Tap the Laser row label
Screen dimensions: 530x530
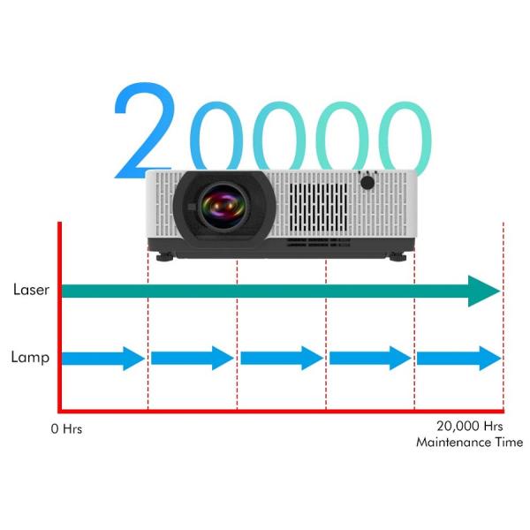coord(31,290)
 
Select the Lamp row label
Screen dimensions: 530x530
coord(30,358)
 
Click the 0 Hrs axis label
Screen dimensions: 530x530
coord(66,429)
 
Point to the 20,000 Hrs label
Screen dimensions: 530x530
coord(470,427)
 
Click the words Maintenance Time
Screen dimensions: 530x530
coord(470,443)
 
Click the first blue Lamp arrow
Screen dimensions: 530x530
coord(103,359)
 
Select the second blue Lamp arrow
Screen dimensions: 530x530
coord(193,358)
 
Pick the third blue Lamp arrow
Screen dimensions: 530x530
coord(282,358)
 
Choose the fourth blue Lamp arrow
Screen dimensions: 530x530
coord(370,358)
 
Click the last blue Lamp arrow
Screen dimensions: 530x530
coord(459,359)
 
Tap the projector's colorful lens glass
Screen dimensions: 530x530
coord(223,206)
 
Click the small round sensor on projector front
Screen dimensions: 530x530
coord(367,183)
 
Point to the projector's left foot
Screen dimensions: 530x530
coord(165,257)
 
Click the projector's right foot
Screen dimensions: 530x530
coord(397,256)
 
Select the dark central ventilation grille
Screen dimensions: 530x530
coord(318,208)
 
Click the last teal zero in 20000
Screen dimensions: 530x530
coord(405,139)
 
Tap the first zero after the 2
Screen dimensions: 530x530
coord(216,136)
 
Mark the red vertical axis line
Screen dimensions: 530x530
coord(60,317)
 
